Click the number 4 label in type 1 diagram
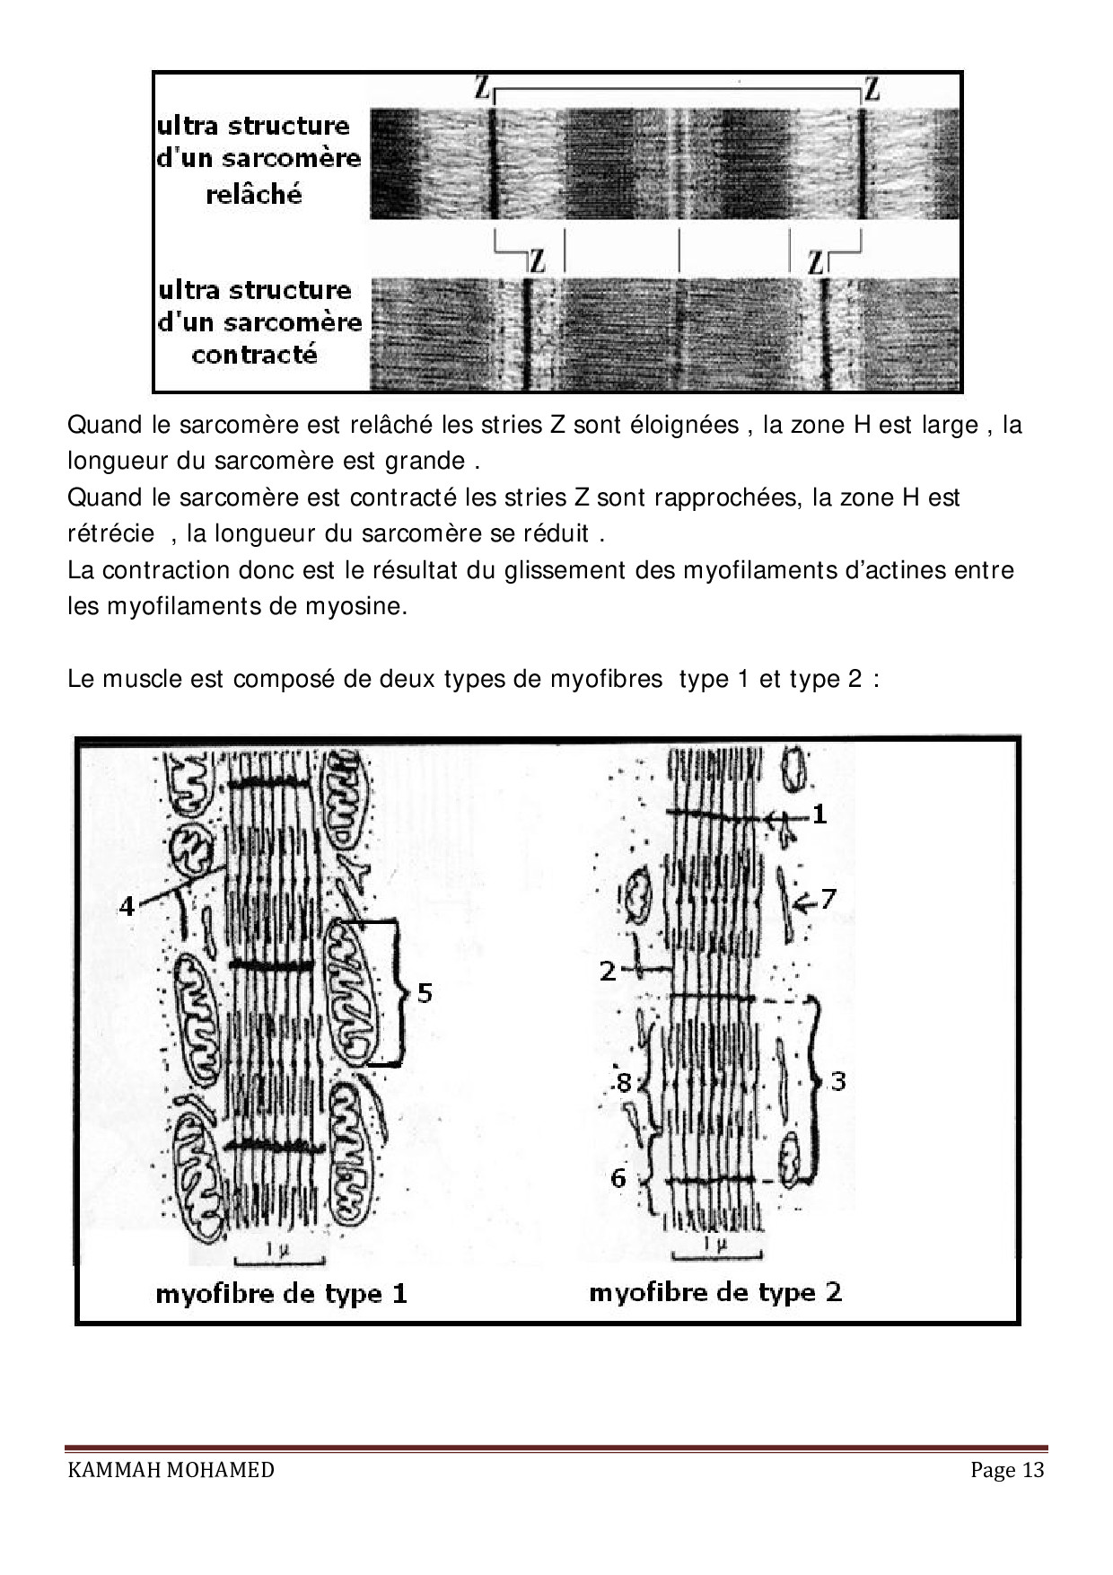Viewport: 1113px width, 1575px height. pos(127,906)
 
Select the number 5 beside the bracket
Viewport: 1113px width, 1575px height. pos(425,992)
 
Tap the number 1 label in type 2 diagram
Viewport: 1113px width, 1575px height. pos(819,814)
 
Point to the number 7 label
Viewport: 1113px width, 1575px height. pos(828,897)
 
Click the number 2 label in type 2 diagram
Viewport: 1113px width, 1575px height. pos(608,971)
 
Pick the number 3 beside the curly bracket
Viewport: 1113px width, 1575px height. pos(838,1080)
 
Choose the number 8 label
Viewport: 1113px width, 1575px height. pos(624,1084)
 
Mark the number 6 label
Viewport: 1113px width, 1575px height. pos(618,1177)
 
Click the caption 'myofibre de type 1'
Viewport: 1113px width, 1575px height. pos(282,1294)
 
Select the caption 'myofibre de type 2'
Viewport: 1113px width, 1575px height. pos(715,1292)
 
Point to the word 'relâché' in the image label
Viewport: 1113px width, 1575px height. pos(254,194)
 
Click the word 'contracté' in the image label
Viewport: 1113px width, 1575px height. pos(255,355)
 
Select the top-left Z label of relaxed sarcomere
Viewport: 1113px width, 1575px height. pos(483,88)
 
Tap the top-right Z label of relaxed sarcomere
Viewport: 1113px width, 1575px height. pos(872,88)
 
